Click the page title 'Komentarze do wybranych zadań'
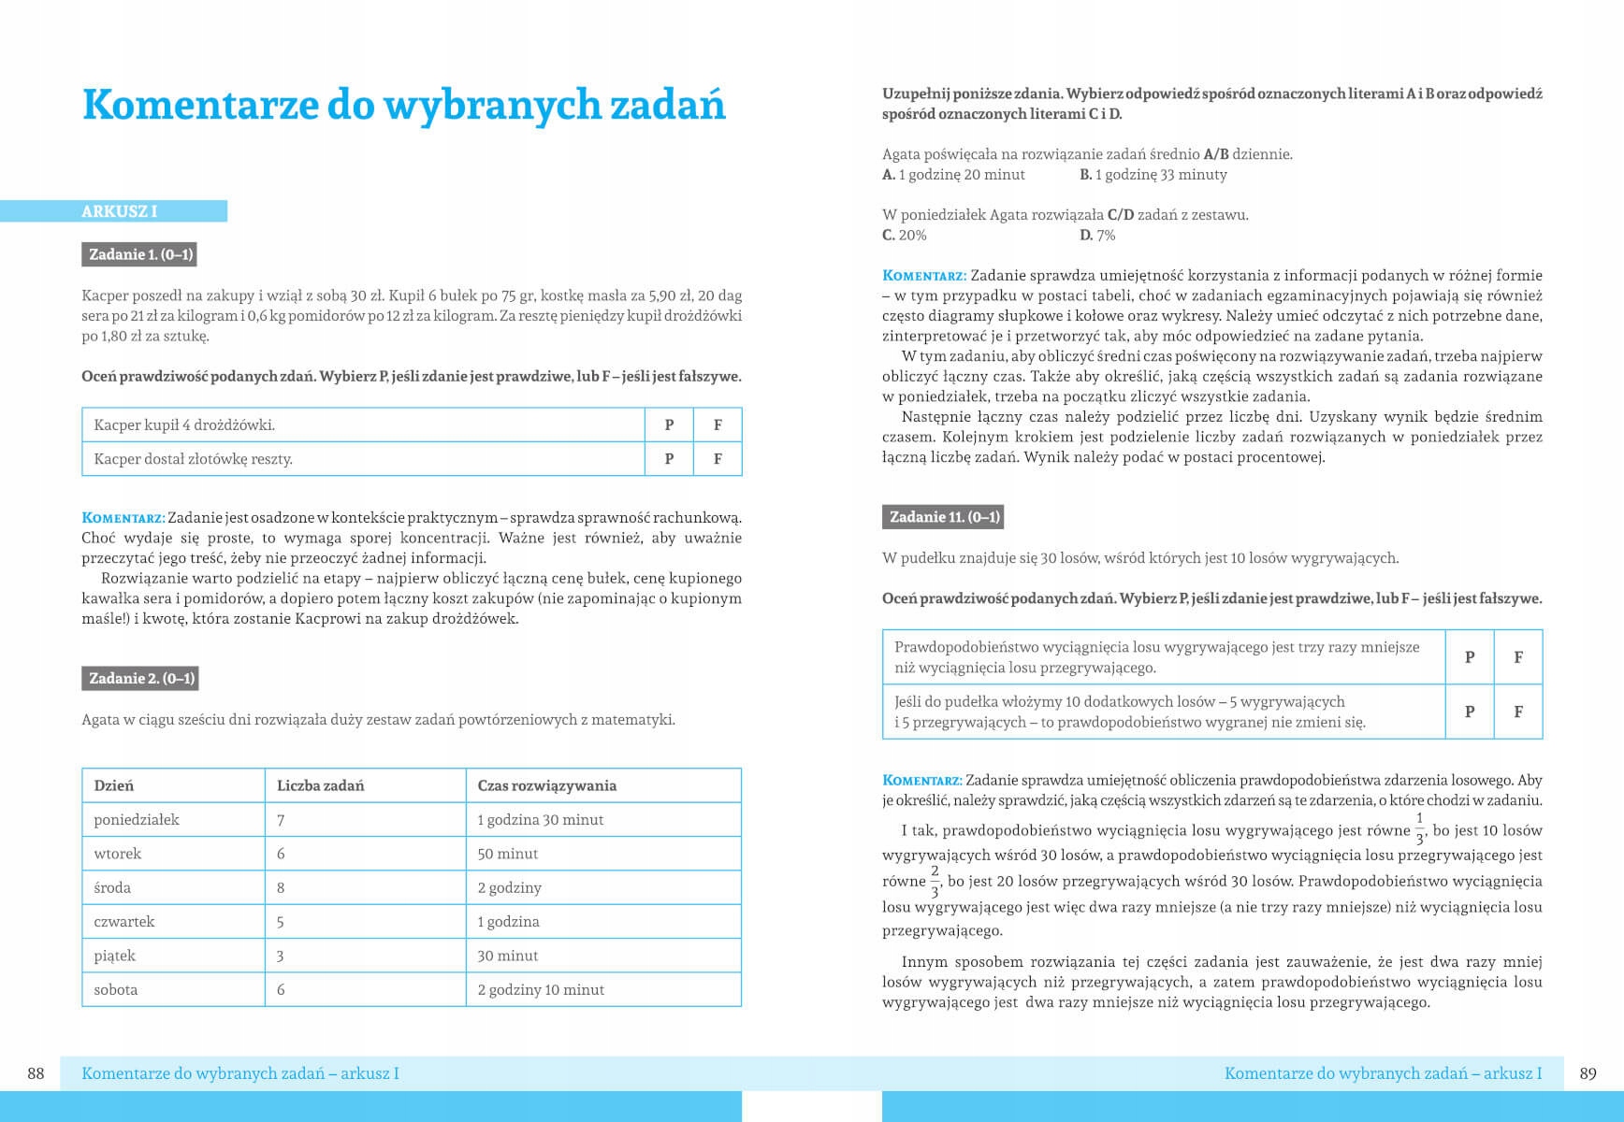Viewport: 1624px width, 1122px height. (403, 105)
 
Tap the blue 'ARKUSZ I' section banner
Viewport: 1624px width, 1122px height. (119, 211)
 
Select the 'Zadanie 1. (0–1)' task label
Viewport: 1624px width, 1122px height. (140, 254)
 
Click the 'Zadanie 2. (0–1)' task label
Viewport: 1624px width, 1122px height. (141, 679)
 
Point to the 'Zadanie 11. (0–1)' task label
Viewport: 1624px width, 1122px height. (944, 517)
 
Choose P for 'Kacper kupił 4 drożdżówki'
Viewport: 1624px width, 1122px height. (669, 425)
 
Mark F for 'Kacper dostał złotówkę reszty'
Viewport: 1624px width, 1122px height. (718, 459)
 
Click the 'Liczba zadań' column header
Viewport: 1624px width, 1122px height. (320, 785)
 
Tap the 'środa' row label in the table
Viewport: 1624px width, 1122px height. (112, 887)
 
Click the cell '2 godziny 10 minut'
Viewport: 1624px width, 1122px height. (541, 989)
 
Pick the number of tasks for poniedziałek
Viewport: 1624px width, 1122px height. (281, 820)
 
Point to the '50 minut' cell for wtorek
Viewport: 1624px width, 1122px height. (507, 854)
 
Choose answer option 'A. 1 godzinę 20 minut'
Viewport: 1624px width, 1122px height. (953, 175)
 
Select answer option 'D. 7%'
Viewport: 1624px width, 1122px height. (1097, 236)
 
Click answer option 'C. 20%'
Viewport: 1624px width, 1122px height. (905, 236)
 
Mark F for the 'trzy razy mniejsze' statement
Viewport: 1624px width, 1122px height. (1517, 657)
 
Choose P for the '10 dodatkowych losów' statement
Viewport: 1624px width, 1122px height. (1469, 712)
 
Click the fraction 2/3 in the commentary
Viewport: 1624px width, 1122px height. (934, 882)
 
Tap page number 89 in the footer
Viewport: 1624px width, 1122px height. (1588, 1073)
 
